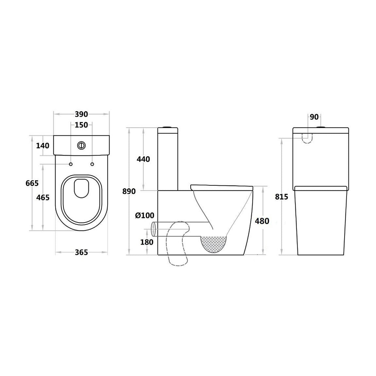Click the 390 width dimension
click(x=81, y=114)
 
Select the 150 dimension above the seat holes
click(x=81, y=125)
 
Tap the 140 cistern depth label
click(x=43, y=145)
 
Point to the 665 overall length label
click(x=32, y=183)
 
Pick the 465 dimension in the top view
click(x=43, y=197)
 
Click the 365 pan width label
click(x=81, y=252)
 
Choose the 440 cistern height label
click(x=143, y=159)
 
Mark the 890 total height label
click(x=129, y=191)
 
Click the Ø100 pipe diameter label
click(x=145, y=215)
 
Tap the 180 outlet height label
click(x=147, y=242)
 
